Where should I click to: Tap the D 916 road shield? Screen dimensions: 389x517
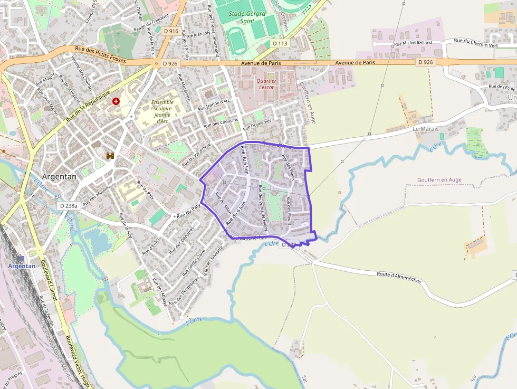[171, 31]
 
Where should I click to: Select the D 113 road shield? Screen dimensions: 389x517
[280, 43]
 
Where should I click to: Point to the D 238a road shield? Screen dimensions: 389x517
[69, 206]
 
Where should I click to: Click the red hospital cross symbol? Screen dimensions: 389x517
[116, 101]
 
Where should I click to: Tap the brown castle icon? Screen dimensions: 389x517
[110, 155]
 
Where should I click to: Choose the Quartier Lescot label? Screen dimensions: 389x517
[266, 84]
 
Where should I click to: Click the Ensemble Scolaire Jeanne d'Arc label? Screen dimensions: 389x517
[162, 111]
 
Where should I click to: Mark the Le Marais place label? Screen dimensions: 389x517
[423, 128]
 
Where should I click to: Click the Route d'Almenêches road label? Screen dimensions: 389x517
[399, 277]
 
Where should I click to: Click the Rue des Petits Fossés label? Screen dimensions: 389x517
[100, 54]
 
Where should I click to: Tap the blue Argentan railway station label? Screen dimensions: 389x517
[22, 266]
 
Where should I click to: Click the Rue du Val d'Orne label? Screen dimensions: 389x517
[196, 155]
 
